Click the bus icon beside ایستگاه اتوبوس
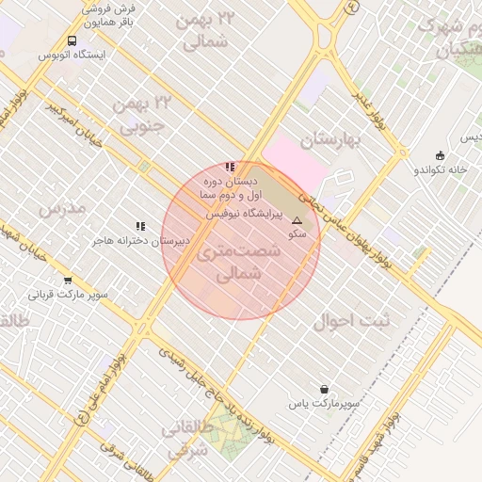72,40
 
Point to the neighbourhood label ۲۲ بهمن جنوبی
138,113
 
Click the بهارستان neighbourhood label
331,141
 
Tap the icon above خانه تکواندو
440,155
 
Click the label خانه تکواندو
441,170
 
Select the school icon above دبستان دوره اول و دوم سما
231,167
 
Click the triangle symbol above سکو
297,220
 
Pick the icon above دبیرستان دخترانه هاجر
140,226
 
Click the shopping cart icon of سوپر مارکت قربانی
68,281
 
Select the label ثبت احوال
345,320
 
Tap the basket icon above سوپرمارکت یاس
325,389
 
